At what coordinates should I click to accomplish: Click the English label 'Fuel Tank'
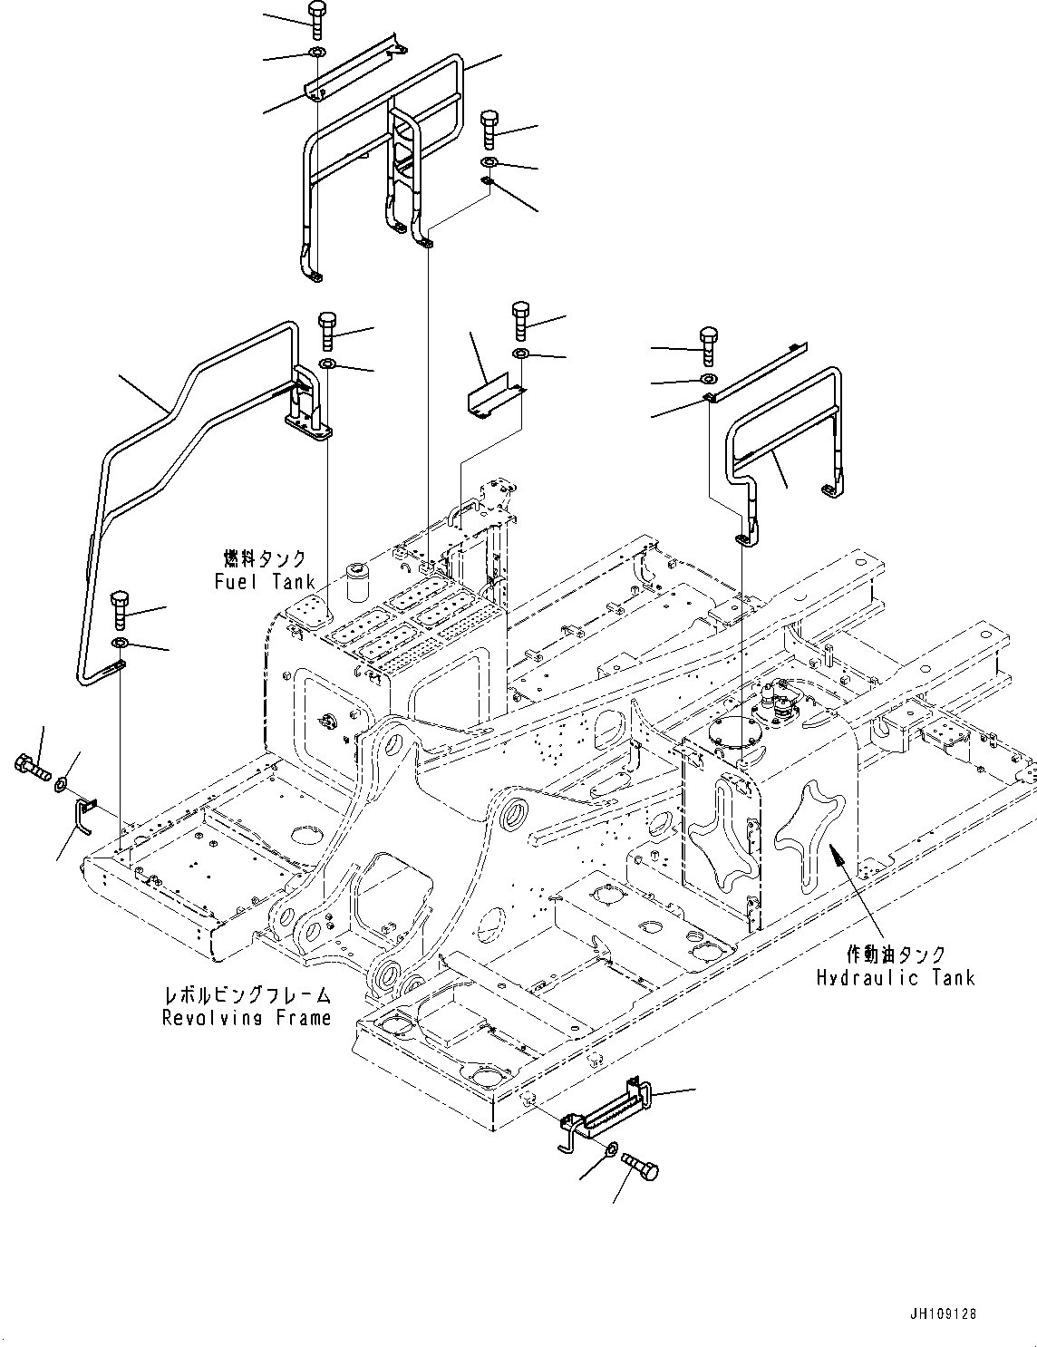[x=265, y=581]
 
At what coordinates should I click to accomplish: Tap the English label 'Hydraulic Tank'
[x=896, y=977]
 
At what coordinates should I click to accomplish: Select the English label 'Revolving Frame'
[x=247, y=1018]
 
